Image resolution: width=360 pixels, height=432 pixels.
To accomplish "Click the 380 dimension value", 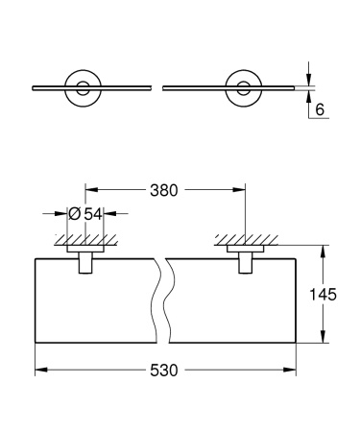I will click(163, 191).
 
